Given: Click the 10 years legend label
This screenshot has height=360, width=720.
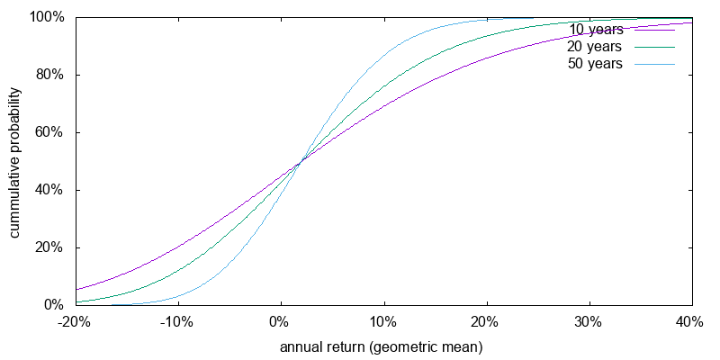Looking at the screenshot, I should pos(596,30).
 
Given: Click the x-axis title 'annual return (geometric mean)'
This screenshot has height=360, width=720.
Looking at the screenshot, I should pos(382,346).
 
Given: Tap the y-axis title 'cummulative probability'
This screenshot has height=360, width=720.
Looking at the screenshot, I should pos(15,162).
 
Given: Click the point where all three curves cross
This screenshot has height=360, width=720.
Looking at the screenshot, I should pos(300,161).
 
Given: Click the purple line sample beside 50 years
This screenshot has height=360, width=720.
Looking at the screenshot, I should pos(654,64).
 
